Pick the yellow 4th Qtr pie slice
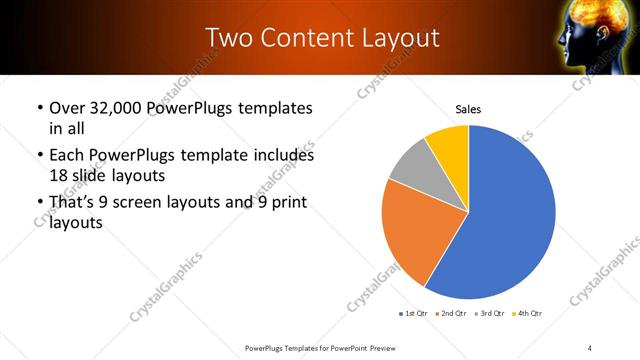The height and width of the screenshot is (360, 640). [448, 144]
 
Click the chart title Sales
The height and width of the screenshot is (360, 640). [468, 108]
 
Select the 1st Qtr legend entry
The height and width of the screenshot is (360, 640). [414, 315]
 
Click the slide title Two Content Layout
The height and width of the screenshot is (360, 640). [322, 38]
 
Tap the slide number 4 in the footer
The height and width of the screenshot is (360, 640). [590, 347]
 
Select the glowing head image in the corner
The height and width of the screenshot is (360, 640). [604, 38]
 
